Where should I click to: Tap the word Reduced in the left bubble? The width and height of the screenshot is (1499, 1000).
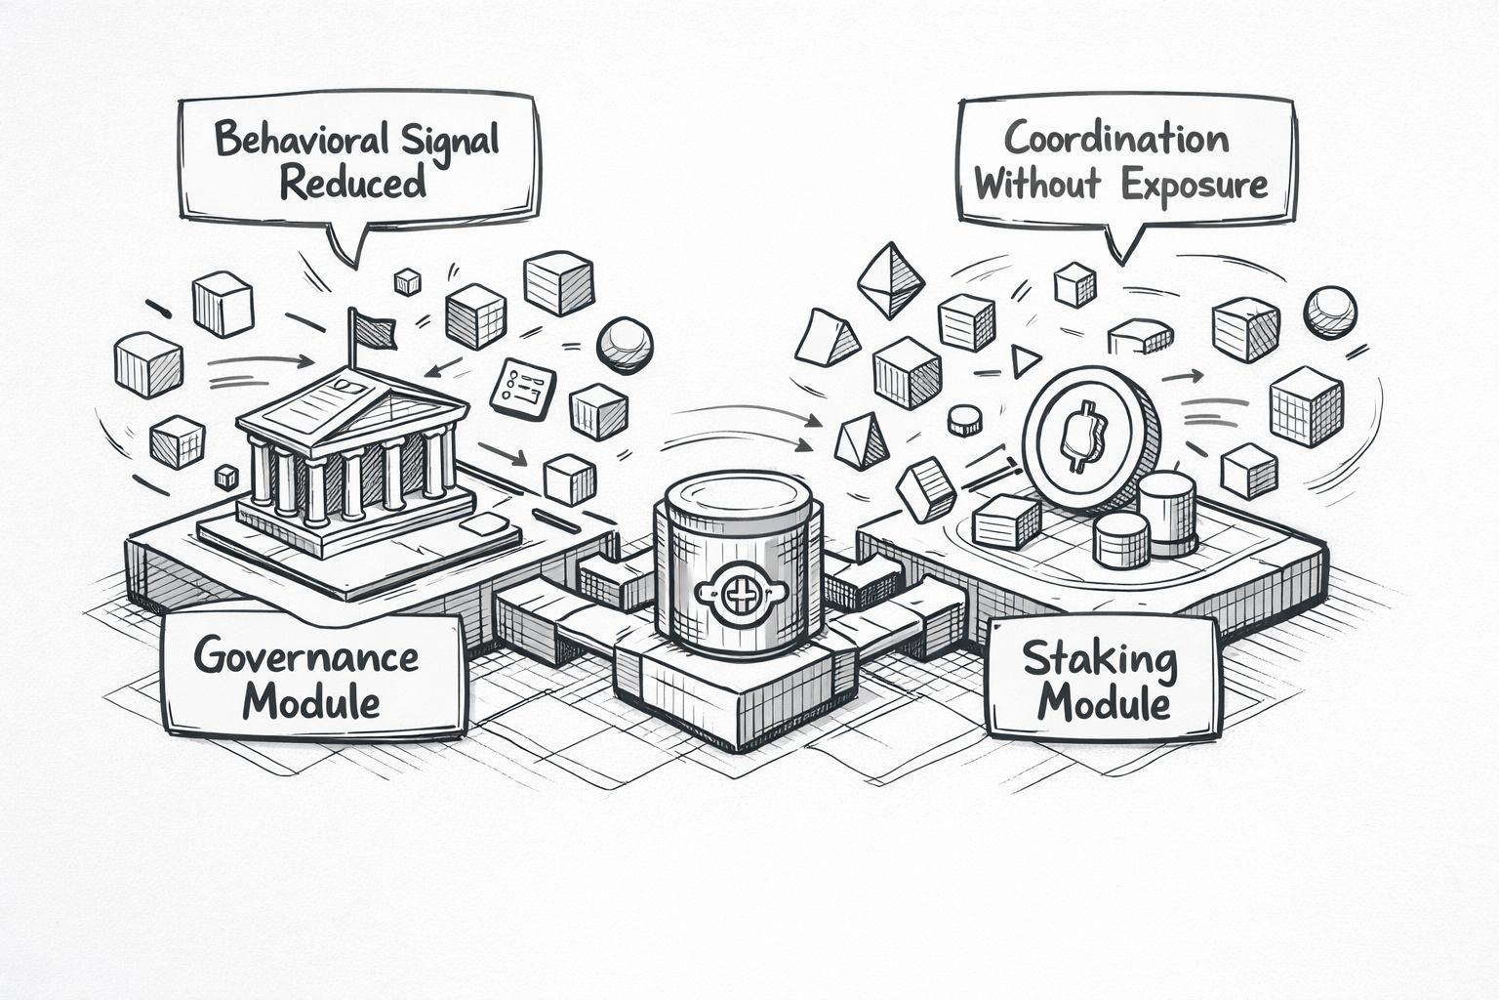[353, 183]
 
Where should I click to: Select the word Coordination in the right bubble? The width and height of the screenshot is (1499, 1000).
[1116, 139]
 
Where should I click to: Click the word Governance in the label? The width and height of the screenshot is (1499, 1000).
[305, 655]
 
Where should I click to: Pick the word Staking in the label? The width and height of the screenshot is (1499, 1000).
[1100, 661]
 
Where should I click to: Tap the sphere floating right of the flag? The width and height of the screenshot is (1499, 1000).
[624, 344]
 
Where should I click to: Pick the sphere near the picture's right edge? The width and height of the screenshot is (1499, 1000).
[1329, 312]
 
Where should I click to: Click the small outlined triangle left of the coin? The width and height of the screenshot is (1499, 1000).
[1024, 362]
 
